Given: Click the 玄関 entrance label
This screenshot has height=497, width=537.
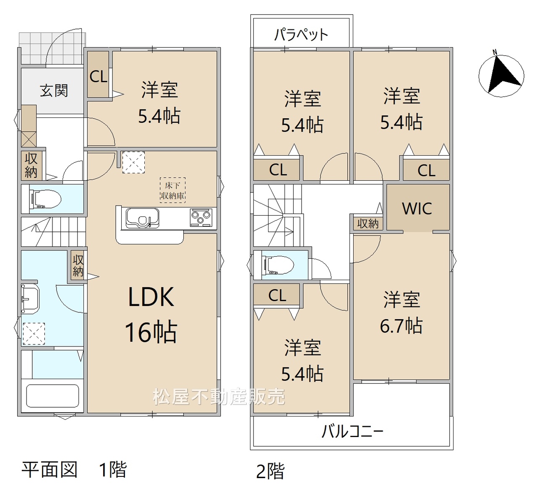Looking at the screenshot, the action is pos(54,91).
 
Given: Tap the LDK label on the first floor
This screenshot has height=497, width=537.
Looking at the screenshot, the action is pos(151,297).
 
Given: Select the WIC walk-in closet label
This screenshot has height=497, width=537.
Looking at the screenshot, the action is pos(417,208).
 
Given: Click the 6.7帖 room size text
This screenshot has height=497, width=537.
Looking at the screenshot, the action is pos(401,325).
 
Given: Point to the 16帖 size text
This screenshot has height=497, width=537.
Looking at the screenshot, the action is pos(151,332).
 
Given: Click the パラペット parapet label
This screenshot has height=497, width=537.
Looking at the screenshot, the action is pos(301,35).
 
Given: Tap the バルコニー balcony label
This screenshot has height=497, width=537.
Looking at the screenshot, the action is pos(352,432).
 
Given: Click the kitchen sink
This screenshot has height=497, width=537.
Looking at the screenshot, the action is pos(142,218).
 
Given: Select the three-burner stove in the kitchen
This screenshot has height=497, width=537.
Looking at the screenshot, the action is pos(201,218).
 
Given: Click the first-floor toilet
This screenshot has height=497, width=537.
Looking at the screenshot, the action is pos(46,200).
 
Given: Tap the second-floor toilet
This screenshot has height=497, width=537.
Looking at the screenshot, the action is pos(279,265).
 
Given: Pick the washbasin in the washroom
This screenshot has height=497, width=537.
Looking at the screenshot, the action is pos(30,299).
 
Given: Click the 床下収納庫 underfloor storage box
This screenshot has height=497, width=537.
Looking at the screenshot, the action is pos(172,190).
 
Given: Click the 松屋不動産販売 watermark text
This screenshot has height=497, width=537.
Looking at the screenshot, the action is pos(219,397).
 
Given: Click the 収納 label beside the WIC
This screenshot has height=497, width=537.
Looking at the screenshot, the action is pos(368,224).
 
